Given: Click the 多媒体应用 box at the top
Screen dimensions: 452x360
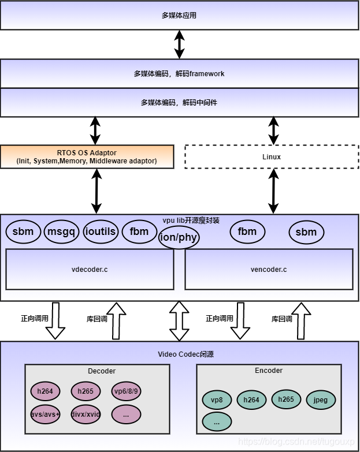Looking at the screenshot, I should pos(179,15).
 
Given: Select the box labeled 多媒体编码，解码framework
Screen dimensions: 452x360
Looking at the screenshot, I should pos(179,73).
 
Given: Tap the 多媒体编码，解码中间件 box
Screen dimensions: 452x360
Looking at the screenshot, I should pos(179,102).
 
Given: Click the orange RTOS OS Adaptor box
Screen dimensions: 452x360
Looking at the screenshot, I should pos(87,156).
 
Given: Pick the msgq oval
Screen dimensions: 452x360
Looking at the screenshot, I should pos(61,232).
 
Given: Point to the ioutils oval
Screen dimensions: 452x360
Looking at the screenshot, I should pos(101,232).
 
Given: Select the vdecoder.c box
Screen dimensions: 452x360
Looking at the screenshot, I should pos(90,269).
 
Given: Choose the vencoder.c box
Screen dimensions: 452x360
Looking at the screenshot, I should pos(269,269).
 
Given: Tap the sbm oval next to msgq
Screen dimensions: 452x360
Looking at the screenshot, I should pos(23,232).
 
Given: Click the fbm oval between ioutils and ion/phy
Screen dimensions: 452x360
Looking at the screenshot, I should pos(139,232).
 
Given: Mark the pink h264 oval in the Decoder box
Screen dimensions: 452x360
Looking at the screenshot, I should pos(44,391).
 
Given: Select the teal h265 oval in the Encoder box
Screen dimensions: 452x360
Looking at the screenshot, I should pos(286,399).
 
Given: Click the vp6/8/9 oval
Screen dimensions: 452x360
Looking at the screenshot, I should pos(127,391).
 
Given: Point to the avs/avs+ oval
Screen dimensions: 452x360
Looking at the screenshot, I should pos(44,414).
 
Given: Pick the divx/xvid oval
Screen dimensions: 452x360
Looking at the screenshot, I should pos(86,414).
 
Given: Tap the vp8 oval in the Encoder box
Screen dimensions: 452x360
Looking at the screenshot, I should pos(217,400).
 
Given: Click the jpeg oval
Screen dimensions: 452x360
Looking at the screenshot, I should pos(321,400).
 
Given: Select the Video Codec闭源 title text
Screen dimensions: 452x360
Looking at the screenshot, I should pos(186,354).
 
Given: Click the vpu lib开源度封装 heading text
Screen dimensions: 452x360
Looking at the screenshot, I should pos(191,221).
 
